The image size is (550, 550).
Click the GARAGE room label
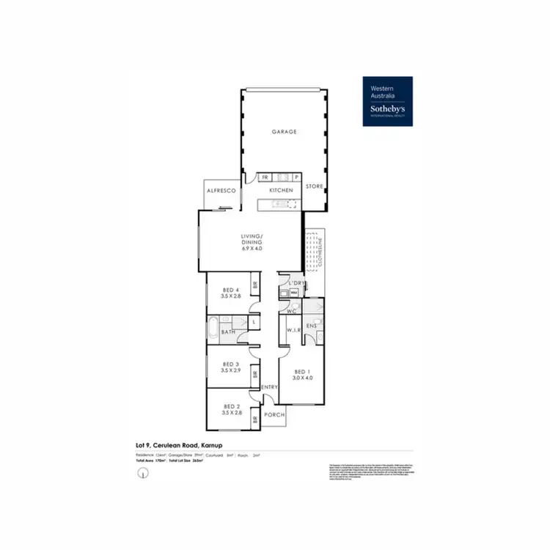pyautogui.click(x=284, y=132)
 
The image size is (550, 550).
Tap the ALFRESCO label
pyautogui.click(x=219, y=190)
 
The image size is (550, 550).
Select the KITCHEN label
pyautogui.click(x=281, y=190)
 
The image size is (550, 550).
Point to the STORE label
pyautogui.click(x=314, y=187)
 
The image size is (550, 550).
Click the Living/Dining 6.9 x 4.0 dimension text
pyautogui.click(x=251, y=249)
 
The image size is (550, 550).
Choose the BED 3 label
pyautogui.click(x=231, y=364)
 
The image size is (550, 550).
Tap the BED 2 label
pyautogui.click(x=232, y=406)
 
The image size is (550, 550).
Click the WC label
pyautogui.click(x=290, y=311)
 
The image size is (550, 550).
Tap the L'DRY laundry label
pyautogui.click(x=296, y=282)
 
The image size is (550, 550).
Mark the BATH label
pyautogui.click(x=228, y=332)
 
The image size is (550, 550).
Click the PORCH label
pyautogui.click(x=274, y=414)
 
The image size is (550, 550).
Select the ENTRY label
pyautogui.click(x=269, y=386)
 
